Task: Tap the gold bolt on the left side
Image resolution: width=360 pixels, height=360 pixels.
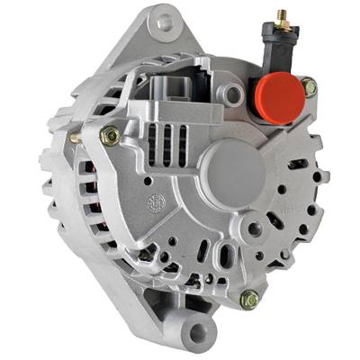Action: point(111,137)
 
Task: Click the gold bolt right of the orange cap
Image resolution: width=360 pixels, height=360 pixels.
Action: point(309,87)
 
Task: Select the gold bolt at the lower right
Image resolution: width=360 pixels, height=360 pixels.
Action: point(250,300)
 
